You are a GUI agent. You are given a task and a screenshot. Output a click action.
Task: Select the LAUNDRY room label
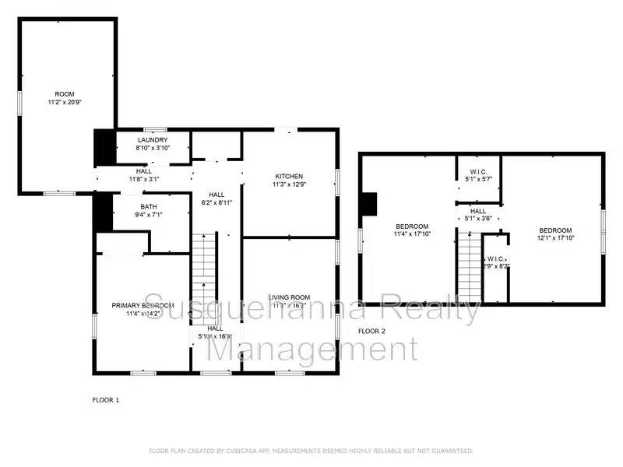tap(153, 139)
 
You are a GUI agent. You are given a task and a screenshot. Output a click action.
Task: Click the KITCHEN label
tap(288, 176)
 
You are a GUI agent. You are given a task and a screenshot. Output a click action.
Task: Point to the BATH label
tap(148, 206)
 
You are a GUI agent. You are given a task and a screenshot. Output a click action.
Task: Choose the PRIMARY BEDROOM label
tap(143, 305)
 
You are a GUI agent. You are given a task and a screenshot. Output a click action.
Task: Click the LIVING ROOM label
tap(290, 297)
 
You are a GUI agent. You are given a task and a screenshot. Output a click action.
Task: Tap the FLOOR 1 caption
tap(105, 399)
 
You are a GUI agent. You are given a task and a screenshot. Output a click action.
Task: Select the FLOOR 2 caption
tap(371, 331)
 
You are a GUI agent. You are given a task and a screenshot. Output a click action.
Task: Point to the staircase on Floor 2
tap(470, 269)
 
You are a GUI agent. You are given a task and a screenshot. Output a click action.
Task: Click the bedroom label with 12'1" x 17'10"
tap(556, 230)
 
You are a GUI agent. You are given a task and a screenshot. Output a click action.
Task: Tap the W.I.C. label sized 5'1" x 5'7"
tap(478, 172)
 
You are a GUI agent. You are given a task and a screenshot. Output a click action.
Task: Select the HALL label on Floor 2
tap(478, 211)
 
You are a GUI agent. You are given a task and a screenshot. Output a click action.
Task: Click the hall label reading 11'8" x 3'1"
tap(143, 170)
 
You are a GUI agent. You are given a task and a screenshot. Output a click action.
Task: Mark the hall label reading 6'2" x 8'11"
tap(216, 195)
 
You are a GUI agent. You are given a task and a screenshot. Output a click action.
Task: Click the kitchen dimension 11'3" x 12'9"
tap(288, 185)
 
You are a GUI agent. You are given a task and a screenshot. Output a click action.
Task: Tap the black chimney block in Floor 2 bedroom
tap(371, 203)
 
